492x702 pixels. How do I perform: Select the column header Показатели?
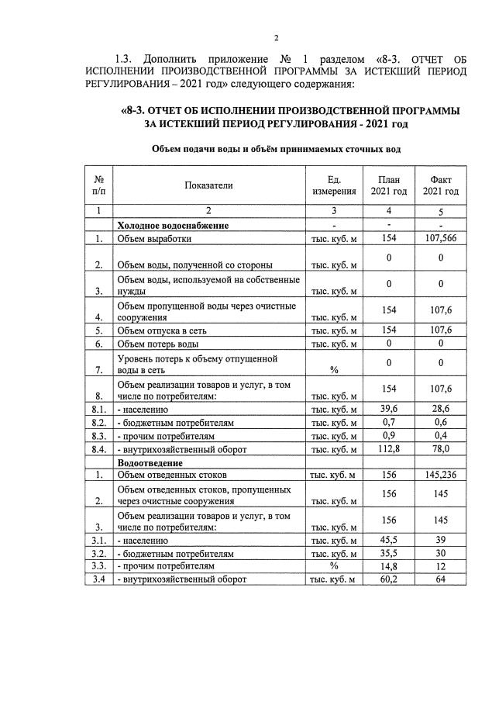click(208, 185)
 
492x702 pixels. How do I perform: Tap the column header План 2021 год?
click(388, 185)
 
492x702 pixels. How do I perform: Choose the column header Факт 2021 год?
click(439, 185)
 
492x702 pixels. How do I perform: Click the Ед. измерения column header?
click(334, 185)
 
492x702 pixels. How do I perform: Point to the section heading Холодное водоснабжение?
click(173, 225)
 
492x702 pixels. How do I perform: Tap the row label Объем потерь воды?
click(158, 344)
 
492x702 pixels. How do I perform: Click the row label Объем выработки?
click(154, 239)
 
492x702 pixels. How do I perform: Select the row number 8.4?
click(98, 449)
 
